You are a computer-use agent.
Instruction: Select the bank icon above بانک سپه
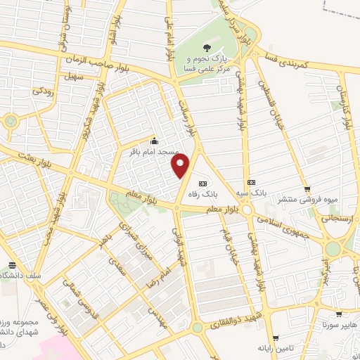[252, 181]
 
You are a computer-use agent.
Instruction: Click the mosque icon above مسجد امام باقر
[154, 140]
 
